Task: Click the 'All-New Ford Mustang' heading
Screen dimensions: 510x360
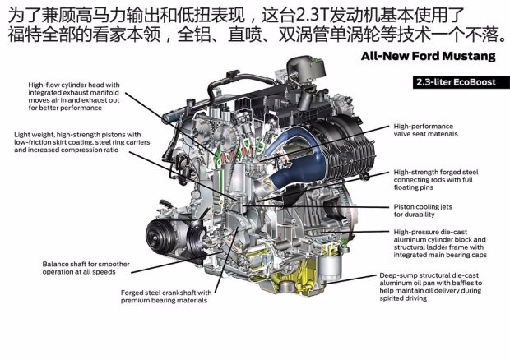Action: (429, 56)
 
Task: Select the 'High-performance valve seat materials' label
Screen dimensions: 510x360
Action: (425, 130)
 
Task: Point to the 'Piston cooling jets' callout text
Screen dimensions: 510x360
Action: (423, 210)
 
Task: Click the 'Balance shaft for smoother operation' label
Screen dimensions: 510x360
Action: (86, 268)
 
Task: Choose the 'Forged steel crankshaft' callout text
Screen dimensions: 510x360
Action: (166, 297)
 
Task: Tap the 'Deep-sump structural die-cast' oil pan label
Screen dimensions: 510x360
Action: (431, 287)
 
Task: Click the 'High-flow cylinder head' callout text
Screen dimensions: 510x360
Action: (74, 96)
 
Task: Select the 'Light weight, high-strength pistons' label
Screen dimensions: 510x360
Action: (82, 142)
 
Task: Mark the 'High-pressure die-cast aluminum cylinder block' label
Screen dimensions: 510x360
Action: (440, 243)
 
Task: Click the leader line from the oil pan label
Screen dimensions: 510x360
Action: (350, 279)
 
